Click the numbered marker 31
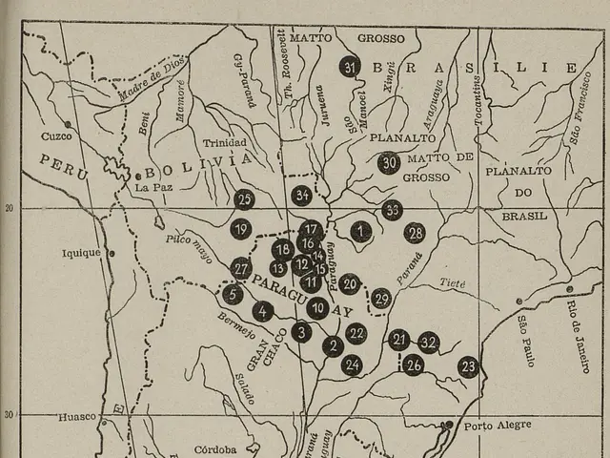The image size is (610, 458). (350, 67)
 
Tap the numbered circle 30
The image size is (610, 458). (388, 163)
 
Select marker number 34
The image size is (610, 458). (302, 196)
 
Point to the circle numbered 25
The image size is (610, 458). (244, 199)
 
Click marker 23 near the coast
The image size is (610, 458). (467, 366)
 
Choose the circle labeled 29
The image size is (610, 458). (381, 299)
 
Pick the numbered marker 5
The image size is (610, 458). (233, 294)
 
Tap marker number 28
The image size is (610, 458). (414, 233)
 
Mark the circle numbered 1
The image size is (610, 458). (360, 230)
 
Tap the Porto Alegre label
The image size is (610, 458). (498, 425)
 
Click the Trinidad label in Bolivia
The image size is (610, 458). (225, 143)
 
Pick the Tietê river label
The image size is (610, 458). (453, 283)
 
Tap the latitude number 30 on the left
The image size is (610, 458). (10, 414)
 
